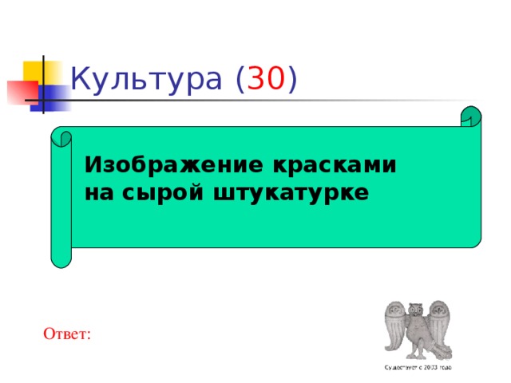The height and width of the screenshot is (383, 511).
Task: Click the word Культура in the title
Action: click(x=145, y=80)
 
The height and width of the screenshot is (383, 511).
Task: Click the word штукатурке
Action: click(x=290, y=192)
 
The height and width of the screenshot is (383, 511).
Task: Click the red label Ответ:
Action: click(x=68, y=333)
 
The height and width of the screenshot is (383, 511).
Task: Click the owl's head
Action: click(x=415, y=309)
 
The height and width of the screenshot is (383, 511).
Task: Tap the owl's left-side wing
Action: click(x=396, y=327)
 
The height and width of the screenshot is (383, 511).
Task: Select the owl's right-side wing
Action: click(x=438, y=327)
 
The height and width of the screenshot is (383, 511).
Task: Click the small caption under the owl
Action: click(x=418, y=368)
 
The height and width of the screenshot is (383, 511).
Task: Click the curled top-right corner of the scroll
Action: click(x=470, y=117)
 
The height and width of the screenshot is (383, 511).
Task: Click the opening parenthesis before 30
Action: click(x=240, y=80)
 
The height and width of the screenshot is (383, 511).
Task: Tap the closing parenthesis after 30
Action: click(x=293, y=80)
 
